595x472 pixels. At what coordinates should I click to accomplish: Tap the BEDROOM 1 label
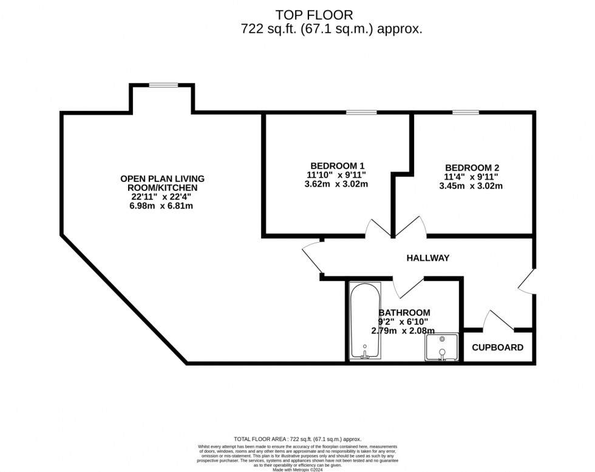[337, 166]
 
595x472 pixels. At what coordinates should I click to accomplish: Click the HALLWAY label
[428, 258]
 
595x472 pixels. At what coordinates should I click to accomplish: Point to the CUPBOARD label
[498, 348]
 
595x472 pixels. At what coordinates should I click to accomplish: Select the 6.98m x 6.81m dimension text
[162, 206]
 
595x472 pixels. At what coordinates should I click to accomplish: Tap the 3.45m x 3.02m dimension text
[471, 186]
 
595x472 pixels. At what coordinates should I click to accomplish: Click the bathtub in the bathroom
[365, 322]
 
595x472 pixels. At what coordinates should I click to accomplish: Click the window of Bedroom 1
[361, 112]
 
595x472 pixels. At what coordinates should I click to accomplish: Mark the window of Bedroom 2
[465, 112]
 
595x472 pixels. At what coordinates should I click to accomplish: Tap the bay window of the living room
[163, 86]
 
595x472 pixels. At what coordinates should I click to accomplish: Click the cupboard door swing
[500, 320]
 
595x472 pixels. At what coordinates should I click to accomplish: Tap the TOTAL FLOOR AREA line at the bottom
[297, 439]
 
